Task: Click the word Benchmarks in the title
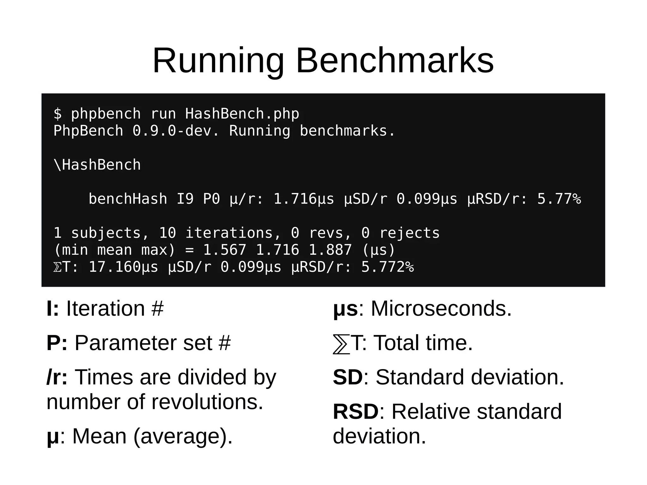[395, 61]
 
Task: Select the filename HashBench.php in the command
[242, 114]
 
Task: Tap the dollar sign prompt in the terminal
[57, 114]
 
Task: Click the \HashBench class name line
[97, 165]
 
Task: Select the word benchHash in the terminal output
[128, 199]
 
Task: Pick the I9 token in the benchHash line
[185, 199]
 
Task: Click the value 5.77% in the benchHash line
[559, 199]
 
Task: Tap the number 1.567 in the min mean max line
[224, 250]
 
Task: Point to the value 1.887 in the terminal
[330, 250]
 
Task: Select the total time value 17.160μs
[123, 267]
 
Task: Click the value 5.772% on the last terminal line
[387, 267]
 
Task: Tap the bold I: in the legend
[52, 308]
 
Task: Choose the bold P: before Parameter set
[57, 343]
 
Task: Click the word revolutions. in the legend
[207, 402]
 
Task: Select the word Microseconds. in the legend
[441, 308]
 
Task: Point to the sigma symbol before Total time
[342, 344]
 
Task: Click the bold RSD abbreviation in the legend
[356, 411]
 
